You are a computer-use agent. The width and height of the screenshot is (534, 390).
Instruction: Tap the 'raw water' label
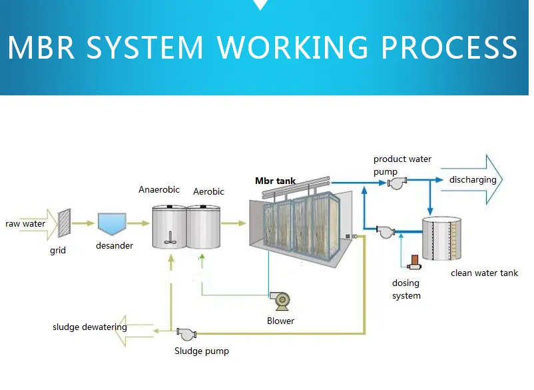25,224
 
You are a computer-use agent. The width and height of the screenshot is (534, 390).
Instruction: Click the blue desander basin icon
111,223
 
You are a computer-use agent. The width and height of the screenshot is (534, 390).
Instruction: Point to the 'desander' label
115,246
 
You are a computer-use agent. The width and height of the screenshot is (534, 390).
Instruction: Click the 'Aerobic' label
208,192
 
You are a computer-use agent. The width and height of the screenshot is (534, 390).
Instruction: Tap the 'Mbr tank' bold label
276,181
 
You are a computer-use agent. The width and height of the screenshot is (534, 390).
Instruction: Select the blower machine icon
282,301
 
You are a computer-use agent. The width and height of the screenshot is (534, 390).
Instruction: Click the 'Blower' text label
280,321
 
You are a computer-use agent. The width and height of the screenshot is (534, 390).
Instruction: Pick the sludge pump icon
184,332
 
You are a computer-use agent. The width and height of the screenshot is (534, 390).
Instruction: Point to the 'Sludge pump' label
201,351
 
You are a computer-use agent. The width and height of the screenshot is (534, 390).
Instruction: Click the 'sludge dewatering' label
90,327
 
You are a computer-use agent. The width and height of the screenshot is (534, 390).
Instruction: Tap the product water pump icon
398,181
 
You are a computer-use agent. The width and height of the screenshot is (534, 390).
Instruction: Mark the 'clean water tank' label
484,273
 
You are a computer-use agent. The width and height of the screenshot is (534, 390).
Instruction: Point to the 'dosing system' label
406,289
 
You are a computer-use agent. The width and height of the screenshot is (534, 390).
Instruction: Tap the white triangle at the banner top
260,5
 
